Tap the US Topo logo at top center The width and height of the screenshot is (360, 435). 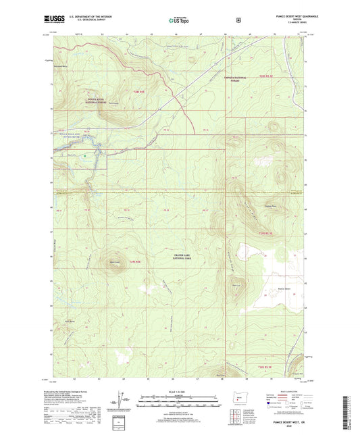[x=179, y=21]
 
